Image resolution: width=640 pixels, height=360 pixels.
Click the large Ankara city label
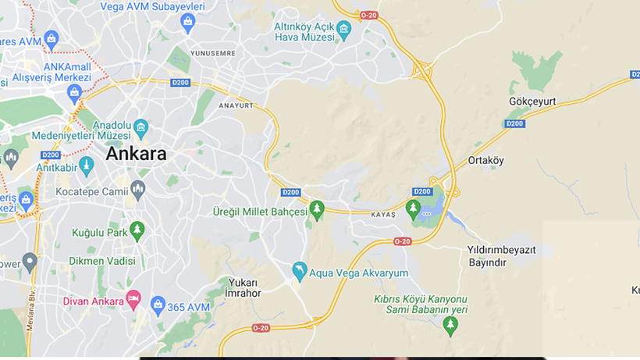(136, 154)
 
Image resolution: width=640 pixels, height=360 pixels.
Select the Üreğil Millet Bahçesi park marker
(317, 210)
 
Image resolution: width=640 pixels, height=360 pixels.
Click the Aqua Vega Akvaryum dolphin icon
(299, 272)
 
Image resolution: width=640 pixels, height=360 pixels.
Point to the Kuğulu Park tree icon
(137, 230)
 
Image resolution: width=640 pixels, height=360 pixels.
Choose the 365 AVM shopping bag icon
(158, 304)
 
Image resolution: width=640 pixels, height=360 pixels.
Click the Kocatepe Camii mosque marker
(137, 188)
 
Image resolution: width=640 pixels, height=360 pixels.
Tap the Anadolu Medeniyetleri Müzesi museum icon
(140, 127)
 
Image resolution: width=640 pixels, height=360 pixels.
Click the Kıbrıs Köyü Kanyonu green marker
(449, 326)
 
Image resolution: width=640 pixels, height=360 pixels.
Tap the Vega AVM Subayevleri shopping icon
(187, 23)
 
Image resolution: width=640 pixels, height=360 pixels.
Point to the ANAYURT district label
(236, 105)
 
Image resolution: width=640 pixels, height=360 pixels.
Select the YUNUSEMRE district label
(213, 53)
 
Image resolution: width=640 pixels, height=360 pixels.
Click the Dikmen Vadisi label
(102, 261)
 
